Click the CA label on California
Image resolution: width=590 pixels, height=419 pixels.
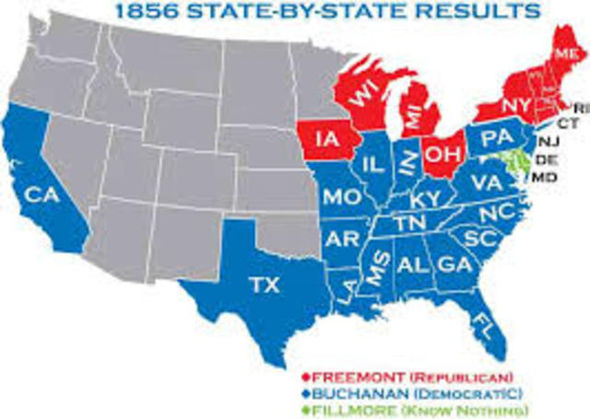(37, 196)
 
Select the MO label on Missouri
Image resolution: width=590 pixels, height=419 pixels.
(339, 197)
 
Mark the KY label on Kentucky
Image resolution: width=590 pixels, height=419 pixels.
(427, 198)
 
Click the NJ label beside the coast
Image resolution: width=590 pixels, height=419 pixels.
(549, 140)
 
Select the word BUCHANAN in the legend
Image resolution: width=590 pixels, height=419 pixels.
(354, 392)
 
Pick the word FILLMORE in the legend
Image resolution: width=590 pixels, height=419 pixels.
(349, 409)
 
